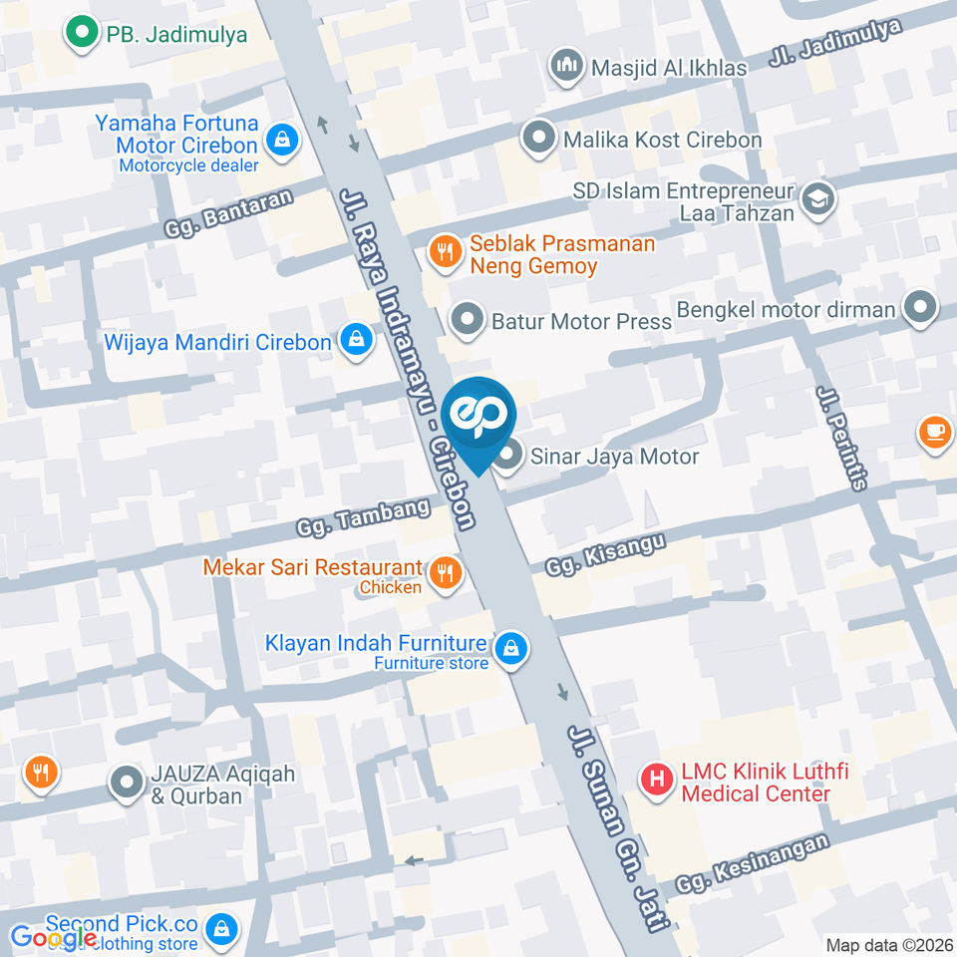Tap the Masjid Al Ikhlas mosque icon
pos(567,66)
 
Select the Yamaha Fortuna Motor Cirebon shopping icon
pos(283,140)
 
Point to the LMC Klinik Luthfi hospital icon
pos(657,779)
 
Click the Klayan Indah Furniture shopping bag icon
pos(510,648)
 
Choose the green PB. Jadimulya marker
pos(79,34)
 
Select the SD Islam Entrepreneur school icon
pos(817,198)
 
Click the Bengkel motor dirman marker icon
pos(918,309)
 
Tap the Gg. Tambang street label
pos(363,517)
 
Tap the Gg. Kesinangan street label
pos(752,863)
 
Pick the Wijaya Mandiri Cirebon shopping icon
pos(355,342)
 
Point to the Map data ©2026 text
pos(888,944)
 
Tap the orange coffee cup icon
pos(935,431)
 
